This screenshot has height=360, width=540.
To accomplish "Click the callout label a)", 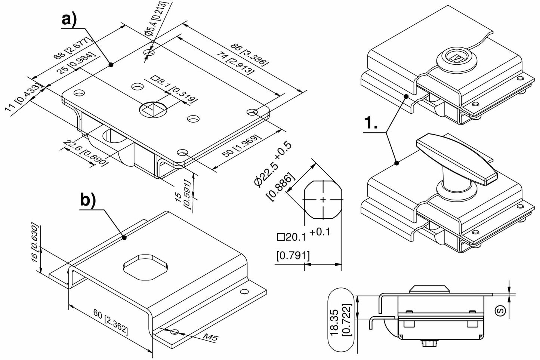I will tap(69, 19).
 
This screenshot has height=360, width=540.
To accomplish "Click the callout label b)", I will tap(88, 201).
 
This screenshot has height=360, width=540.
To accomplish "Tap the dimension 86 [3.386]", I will tap(249, 54).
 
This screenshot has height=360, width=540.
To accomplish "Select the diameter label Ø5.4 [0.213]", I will tap(157, 18).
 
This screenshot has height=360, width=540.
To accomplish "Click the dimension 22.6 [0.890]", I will tap(85, 153).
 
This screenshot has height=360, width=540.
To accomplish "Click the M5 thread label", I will tap(211, 338).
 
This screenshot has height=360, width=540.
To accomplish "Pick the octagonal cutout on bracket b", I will tap(145, 268).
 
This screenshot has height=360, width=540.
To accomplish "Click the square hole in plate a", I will tap(153, 109).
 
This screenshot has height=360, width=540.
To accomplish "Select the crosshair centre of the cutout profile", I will tap(323, 200).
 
